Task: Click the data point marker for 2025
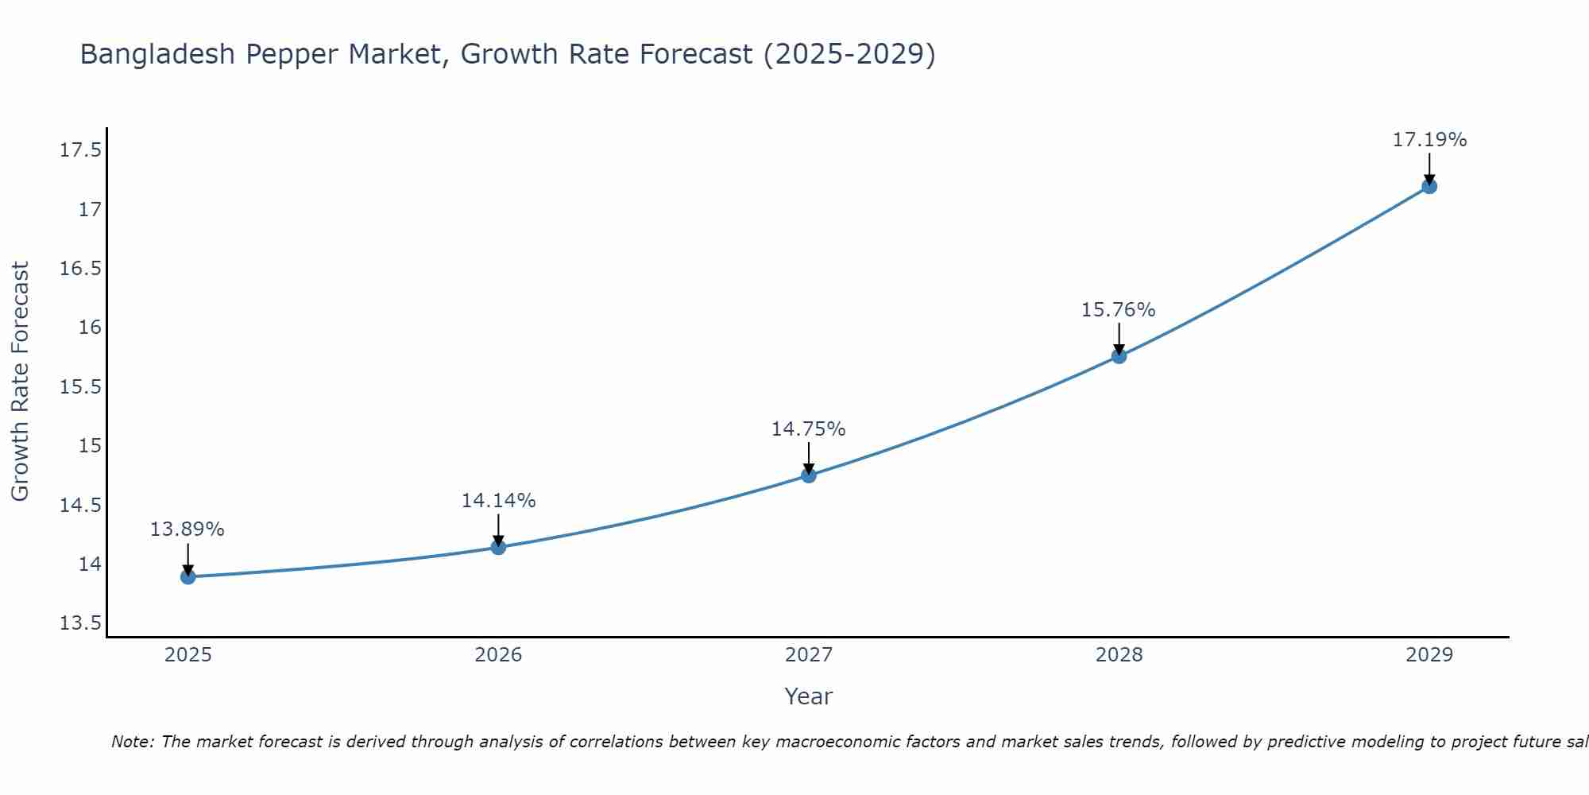(x=188, y=576)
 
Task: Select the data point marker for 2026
(x=498, y=547)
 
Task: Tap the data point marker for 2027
(x=809, y=475)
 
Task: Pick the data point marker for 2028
(x=1119, y=356)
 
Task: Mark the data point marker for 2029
(x=1429, y=186)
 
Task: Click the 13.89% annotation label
(x=188, y=529)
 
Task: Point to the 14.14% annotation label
(x=498, y=501)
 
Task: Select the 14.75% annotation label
(x=808, y=429)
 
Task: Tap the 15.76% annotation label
(x=1118, y=310)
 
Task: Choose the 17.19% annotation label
(x=1429, y=140)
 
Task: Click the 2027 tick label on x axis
(x=809, y=655)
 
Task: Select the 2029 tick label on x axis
(x=1429, y=655)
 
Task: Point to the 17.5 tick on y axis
(x=81, y=150)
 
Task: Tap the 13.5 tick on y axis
(x=81, y=623)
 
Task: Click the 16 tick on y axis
(x=90, y=328)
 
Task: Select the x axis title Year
(x=808, y=696)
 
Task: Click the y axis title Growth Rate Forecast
(x=21, y=382)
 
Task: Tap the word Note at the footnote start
(x=133, y=742)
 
